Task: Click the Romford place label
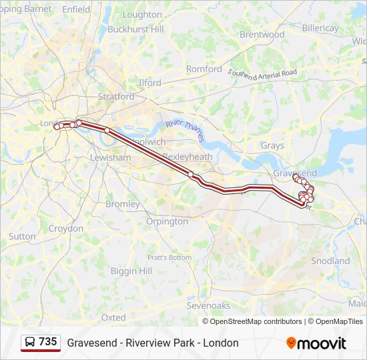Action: (204, 69)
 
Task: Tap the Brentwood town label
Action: (262, 34)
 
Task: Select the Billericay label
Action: (320, 29)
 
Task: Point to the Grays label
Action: (272, 145)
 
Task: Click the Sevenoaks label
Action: (208, 305)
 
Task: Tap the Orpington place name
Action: (167, 221)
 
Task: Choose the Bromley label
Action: (123, 204)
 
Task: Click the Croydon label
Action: (65, 228)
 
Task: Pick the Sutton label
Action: (22, 236)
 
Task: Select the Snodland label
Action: (330, 261)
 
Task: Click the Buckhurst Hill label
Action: (135, 29)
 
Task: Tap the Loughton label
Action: (142, 15)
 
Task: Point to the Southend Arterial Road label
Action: (262, 73)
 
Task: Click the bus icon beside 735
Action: (31, 343)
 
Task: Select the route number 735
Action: (48, 342)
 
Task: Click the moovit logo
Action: (316, 343)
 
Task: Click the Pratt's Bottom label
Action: (169, 257)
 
